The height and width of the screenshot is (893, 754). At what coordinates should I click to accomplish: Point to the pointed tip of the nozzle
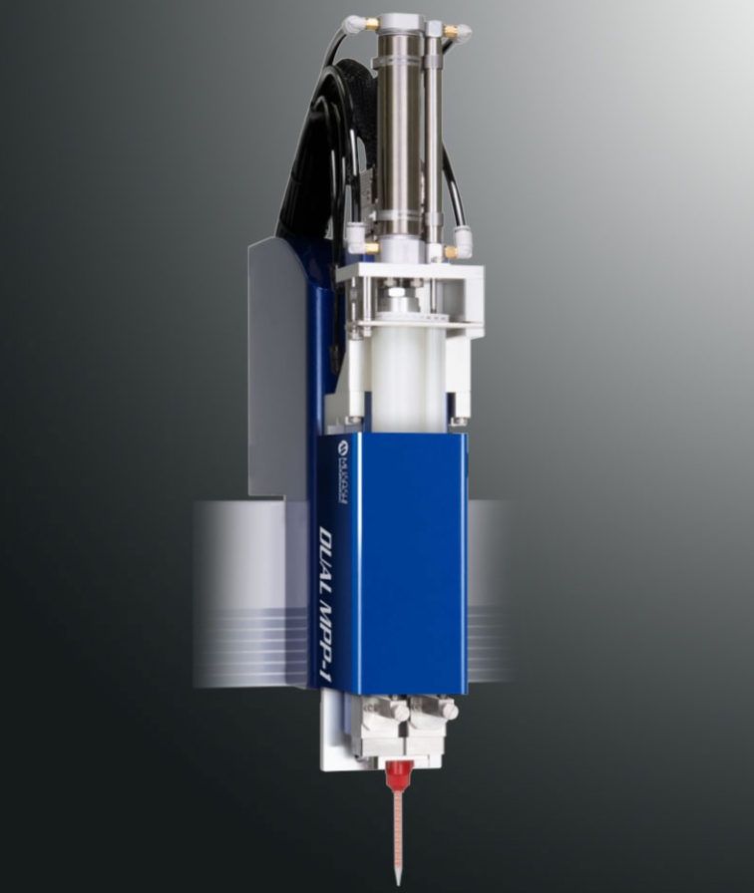397,881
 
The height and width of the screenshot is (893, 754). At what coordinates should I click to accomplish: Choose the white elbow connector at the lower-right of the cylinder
463,239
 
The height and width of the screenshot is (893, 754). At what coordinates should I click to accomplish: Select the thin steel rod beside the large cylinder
433,130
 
